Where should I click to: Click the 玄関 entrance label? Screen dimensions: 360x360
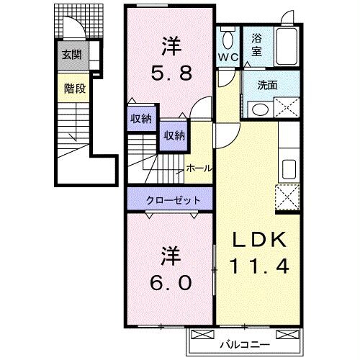click(x=71, y=54)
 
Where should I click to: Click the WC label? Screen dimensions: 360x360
click(x=229, y=56)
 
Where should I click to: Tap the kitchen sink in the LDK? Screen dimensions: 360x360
click(x=288, y=169)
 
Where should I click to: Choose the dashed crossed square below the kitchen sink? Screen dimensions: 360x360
click(x=287, y=195)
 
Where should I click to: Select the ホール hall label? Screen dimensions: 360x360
click(x=198, y=168)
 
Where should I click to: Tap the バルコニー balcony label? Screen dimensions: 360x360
click(x=245, y=344)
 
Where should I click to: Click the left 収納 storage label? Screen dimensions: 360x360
click(x=140, y=119)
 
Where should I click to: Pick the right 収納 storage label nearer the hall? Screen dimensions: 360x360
click(x=173, y=135)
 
